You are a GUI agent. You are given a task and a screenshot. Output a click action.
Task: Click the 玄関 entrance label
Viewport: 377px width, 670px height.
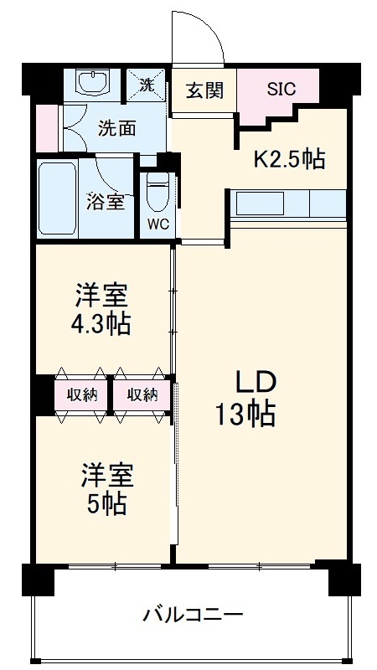(204, 90)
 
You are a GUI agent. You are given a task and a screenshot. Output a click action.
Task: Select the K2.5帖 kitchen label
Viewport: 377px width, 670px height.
(290, 159)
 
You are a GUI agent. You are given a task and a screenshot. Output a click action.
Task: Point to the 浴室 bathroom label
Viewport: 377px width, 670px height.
(106, 202)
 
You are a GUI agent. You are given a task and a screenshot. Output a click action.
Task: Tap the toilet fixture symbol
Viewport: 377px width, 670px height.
(156, 194)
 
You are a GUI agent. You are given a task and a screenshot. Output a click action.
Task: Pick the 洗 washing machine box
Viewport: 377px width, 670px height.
(147, 84)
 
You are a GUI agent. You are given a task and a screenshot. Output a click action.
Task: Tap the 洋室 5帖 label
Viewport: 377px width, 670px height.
(104, 488)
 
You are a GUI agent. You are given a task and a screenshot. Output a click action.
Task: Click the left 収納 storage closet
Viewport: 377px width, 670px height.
(82, 394)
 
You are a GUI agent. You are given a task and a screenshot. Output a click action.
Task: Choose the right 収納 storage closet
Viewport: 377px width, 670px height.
(142, 394)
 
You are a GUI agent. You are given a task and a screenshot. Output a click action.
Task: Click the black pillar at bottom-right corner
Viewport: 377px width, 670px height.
(343, 578)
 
